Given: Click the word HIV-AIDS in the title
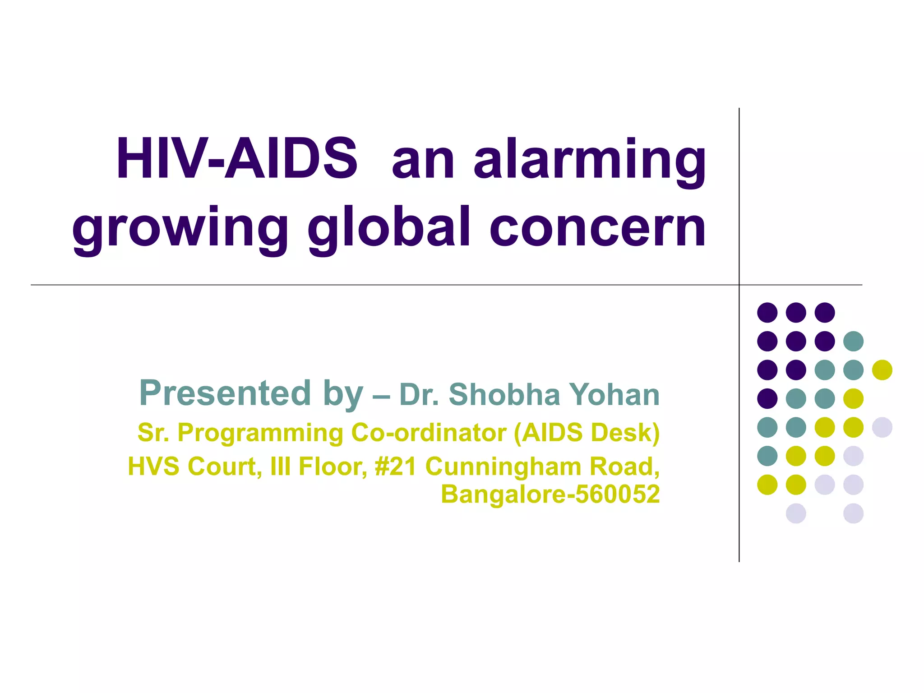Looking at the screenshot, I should (236, 159).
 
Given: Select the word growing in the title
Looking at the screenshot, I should (180, 229).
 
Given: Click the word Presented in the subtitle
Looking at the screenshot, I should (225, 393).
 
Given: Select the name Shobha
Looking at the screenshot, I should (504, 395).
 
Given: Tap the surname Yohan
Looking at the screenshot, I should (614, 395).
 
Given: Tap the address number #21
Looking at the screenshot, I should (396, 467).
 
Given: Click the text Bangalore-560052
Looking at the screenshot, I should (550, 494).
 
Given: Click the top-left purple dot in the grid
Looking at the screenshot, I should (767, 312).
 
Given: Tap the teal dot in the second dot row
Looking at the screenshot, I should (853, 341).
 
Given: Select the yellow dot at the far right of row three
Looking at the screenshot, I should (882, 370).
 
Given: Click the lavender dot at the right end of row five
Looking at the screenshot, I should (882, 427).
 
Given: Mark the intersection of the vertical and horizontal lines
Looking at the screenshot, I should (739, 285).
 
